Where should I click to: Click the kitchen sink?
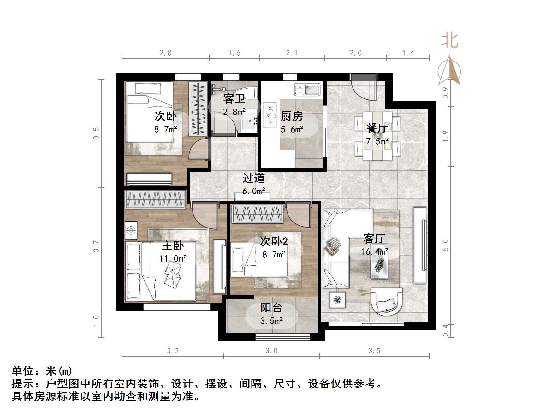[x=307, y=89]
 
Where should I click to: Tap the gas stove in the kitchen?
[x=270, y=115]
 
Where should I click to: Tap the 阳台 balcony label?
[x=271, y=308]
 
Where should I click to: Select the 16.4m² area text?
[x=374, y=252]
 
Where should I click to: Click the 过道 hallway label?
[x=253, y=178]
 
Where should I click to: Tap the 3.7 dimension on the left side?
[x=96, y=246]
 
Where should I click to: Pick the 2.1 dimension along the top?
[x=292, y=53]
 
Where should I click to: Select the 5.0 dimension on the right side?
[x=445, y=245]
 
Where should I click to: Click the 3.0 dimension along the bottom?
[x=271, y=351]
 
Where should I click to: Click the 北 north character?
[x=449, y=41]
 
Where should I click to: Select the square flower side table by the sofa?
[x=337, y=299]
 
